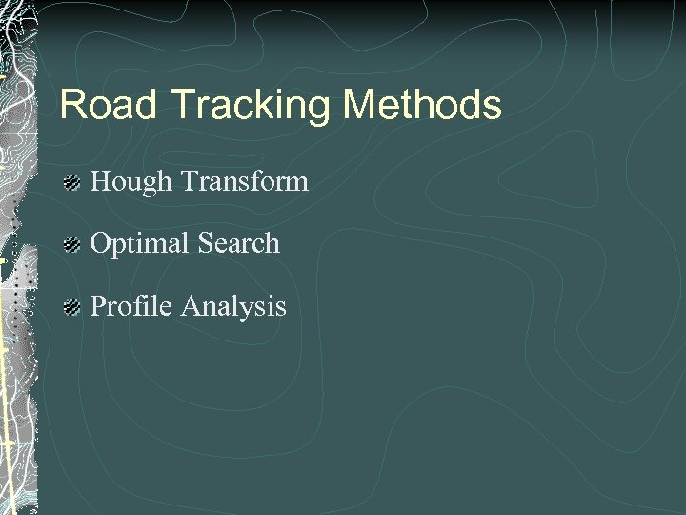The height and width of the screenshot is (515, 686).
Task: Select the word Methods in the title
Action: click(422, 105)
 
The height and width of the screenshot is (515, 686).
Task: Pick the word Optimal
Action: click(139, 244)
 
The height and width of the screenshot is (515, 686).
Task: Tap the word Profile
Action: click(130, 306)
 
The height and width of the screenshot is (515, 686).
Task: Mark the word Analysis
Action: click(233, 307)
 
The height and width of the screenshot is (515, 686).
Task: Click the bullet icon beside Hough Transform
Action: click(71, 182)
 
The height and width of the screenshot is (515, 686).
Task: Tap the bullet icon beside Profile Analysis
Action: click(71, 307)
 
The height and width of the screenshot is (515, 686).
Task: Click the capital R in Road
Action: click(72, 105)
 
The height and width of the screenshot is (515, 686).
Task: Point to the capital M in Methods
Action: click(359, 105)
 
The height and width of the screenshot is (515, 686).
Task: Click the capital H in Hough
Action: click(100, 180)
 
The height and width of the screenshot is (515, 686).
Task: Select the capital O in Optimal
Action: click(100, 243)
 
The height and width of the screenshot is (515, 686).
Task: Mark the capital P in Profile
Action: click(98, 306)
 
